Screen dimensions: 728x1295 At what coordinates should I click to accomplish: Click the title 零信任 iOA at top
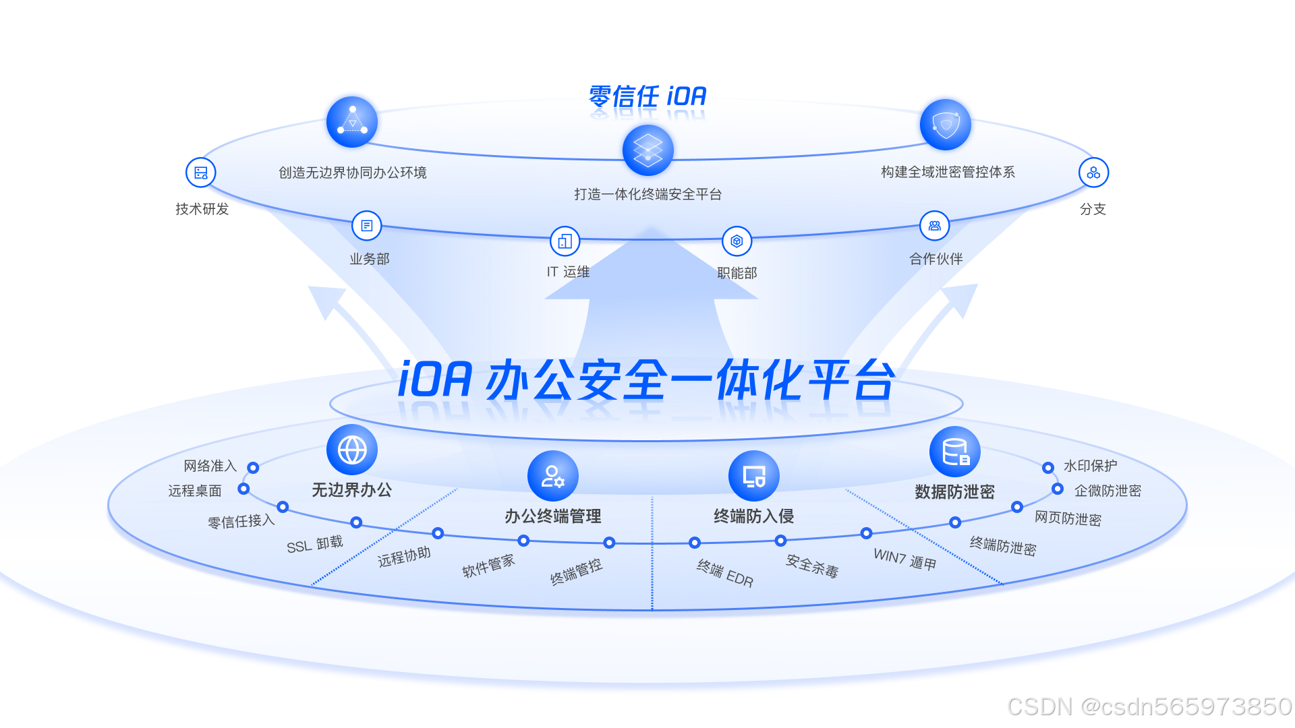(647, 96)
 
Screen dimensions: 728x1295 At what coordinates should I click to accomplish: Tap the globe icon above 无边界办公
(351, 450)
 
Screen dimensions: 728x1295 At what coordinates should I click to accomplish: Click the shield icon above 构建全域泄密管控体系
(945, 125)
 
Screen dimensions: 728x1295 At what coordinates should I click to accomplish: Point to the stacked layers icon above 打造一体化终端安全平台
(647, 150)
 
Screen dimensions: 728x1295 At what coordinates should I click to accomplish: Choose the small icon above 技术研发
(201, 173)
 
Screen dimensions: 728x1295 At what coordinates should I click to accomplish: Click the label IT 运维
(568, 272)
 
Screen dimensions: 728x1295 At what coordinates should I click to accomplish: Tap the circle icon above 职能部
(737, 241)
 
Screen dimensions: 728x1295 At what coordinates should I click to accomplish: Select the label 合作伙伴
(936, 259)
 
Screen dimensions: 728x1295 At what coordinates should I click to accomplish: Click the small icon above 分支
(1093, 173)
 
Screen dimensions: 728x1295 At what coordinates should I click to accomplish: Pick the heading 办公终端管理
(552, 516)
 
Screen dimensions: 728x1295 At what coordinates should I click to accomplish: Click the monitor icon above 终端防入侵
(753, 476)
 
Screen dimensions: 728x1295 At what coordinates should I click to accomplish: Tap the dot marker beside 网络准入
(253, 468)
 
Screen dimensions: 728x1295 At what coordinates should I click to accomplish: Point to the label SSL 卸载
(315, 544)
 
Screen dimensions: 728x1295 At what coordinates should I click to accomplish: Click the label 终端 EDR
(725, 574)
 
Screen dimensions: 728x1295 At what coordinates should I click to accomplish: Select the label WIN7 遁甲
(904, 559)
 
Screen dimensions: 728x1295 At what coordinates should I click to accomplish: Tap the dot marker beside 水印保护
(1047, 468)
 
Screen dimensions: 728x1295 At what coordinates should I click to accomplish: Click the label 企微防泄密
(1107, 491)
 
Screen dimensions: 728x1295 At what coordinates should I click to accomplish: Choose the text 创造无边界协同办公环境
(352, 173)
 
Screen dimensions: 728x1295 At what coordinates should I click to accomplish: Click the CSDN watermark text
(1149, 706)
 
